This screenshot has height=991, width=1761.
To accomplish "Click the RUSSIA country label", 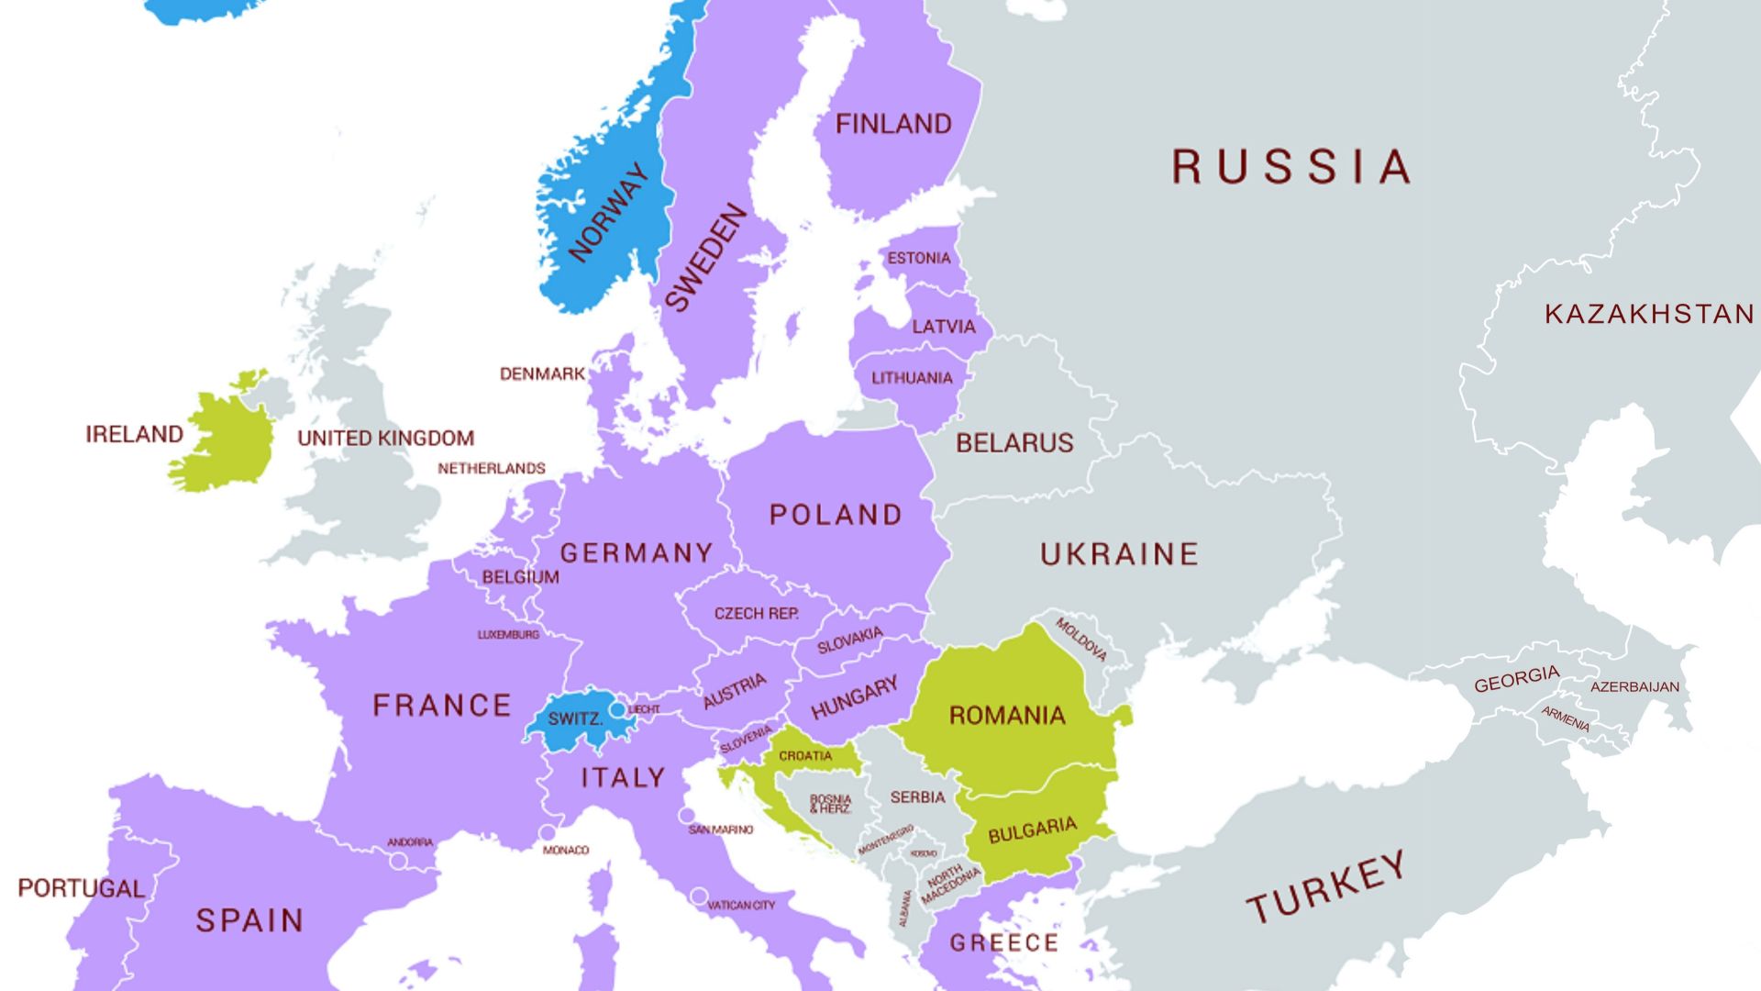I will tap(1290, 167).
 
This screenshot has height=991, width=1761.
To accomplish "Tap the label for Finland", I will tap(893, 124).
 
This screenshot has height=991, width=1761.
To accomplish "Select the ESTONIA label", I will tap(918, 258).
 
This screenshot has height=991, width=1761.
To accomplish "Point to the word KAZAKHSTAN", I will tap(1649, 314).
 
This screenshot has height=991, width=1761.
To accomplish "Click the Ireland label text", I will tap(134, 433).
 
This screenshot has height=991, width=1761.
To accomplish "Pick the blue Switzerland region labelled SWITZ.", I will tap(574, 719).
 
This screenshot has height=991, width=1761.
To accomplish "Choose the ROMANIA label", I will tap(1006, 715).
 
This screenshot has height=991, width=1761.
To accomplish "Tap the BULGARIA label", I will tap(1032, 830).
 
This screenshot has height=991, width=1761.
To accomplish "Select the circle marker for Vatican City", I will tap(699, 896).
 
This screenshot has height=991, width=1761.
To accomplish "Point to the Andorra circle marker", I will tap(399, 861).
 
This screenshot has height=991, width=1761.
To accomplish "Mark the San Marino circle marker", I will tap(687, 815).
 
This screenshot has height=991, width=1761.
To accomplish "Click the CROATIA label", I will tap(805, 756).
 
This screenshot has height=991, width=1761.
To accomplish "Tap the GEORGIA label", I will tap(1516, 679).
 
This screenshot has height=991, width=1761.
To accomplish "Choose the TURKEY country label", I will tap(1325, 885).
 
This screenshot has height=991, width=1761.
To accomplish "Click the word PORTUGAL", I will tap(81, 888).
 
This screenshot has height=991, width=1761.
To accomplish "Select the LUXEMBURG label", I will tap(508, 634).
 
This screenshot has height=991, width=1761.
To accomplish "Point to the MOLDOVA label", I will tap(1081, 640).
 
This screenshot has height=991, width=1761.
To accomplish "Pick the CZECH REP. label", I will tap(756, 613).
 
